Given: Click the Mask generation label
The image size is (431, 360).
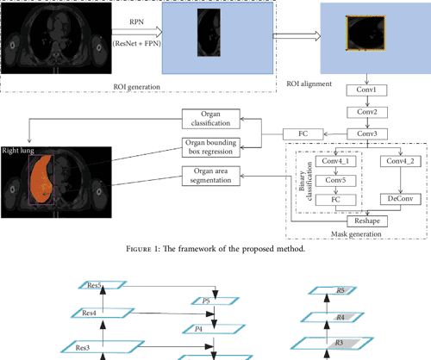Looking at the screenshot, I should (355, 233).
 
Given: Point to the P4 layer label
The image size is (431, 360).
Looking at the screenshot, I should (198, 328).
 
